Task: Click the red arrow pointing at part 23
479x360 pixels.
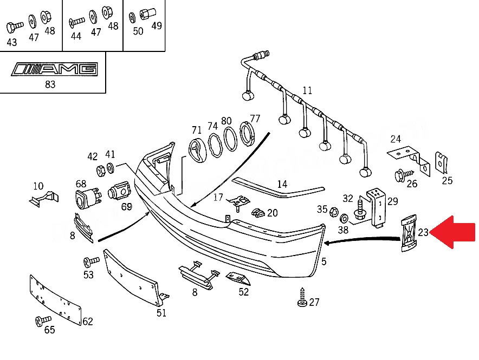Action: pyautogui.click(x=453, y=232)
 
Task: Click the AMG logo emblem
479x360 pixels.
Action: pyautogui.click(x=55, y=69)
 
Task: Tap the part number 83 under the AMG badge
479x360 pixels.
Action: pyautogui.click(x=50, y=84)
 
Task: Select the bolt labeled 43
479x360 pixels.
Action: pyautogui.click(x=15, y=27)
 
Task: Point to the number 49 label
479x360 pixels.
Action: pyautogui.click(x=157, y=26)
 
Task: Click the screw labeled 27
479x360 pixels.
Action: pyautogui.click(x=302, y=297)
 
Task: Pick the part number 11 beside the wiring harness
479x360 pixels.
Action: pyautogui.click(x=307, y=90)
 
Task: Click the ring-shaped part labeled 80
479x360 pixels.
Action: pyautogui.click(x=231, y=139)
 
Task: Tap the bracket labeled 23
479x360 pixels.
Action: pyautogui.click(x=409, y=233)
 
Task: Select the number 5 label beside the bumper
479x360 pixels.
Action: pyautogui.click(x=324, y=261)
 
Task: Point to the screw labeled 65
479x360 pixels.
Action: pyautogui.click(x=43, y=320)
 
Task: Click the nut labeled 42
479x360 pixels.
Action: pyautogui.click(x=100, y=171)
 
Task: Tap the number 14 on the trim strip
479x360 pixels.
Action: pyautogui.click(x=282, y=184)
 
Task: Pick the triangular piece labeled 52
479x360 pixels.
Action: pyautogui.click(x=238, y=278)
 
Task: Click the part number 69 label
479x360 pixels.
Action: pyautogui.click(x=126, y=207)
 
